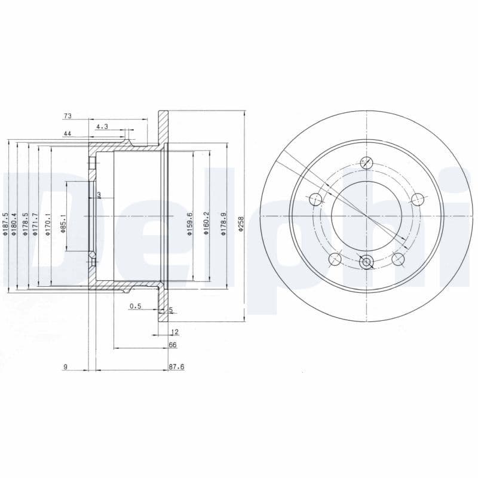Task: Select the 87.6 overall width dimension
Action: coord(175,367)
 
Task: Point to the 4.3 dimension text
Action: coord(102,126)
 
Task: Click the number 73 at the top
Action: coord(68,115)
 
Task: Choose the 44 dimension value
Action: coord(68,134)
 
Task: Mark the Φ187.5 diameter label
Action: coord(5,224)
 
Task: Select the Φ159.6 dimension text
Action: coord(189,224)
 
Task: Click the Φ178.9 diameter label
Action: coord(223,224)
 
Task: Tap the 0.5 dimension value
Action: coord(135,307)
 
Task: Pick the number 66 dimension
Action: coord(173,345)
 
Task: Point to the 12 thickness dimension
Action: coord(174,331)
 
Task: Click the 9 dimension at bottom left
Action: coord(65,367)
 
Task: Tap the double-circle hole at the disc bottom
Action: coord(367,261)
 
